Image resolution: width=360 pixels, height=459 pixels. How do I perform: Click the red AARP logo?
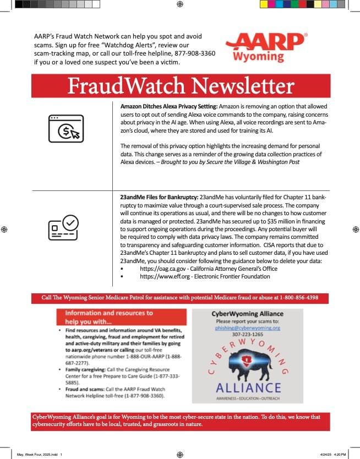pyautogui.click(x=265, y=42)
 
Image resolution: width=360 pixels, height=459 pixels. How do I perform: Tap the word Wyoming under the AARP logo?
pyautogui.click(x=259, y=57)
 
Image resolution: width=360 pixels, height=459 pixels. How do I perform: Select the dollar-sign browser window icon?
pyautogui.click(x=66, y=129)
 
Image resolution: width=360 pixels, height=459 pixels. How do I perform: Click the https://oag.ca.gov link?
pyautogui.click(x=165, y=269)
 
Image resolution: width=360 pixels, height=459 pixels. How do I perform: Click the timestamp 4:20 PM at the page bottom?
pyautogui.click(x=340, y=455)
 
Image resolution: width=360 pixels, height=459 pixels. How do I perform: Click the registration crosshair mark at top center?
pyautogui.click(x=180, y=4)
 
